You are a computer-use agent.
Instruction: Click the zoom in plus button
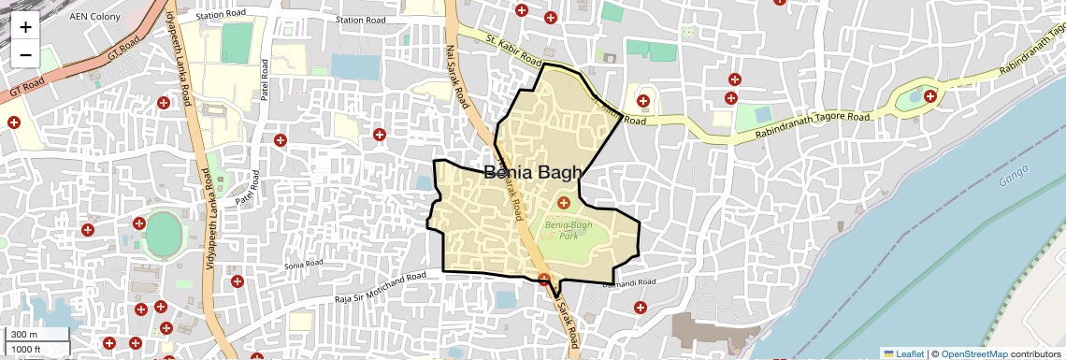click(25, 26)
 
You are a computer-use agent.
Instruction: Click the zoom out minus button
click(25, 54)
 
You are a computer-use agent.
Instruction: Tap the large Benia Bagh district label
click(533, 171)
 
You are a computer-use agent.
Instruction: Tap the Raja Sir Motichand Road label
click(380, 288)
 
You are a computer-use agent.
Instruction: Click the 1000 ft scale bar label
click(27, 349)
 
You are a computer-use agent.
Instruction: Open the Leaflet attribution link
click(903, 353)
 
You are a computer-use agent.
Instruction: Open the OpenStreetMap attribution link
click(973, 353)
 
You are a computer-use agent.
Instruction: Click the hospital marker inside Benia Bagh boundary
click(563, 202)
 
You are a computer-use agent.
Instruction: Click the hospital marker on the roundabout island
click(929, 95)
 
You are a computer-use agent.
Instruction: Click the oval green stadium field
click(164, 234)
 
